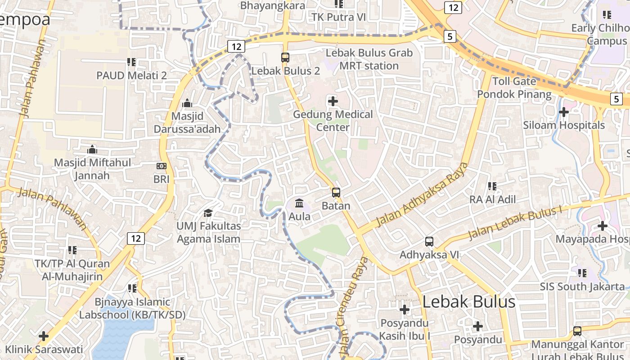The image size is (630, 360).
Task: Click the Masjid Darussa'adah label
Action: click(187, 122)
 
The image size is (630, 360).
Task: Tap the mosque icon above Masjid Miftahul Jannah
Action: click(92, 149)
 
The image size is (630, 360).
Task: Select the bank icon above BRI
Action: click(161, 166)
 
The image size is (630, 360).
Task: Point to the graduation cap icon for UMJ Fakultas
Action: click(208, 212)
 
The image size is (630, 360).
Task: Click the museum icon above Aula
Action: click(299, 203)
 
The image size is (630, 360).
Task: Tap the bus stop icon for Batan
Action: click(336, 193)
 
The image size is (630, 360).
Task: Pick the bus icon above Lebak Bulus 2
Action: click(285, 58)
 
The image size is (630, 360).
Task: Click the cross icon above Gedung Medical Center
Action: click(333, 101)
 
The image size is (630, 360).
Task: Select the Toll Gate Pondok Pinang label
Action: click(514, 88)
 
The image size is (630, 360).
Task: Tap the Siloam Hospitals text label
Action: click(564, 125)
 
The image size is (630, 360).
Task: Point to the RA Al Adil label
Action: click(493, 199)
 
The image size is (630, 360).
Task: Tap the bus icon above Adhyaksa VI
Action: click(429, 242)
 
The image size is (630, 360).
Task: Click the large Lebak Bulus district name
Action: click(468, 301)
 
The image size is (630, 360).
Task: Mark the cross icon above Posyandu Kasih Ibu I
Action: click(405, 310)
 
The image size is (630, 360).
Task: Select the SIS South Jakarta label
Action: click(582, 286)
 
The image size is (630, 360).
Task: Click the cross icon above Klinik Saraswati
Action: click(44, 336)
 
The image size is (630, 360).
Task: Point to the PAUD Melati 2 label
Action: click(131, 75)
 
